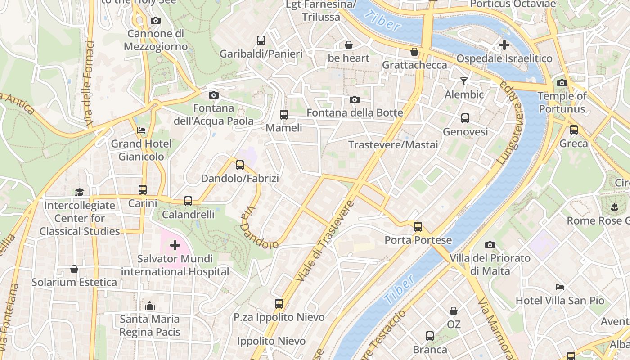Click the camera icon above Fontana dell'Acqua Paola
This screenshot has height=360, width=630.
point(214,95)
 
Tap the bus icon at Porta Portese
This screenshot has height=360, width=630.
point(418,226)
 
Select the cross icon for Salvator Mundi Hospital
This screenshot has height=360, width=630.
point(175,245)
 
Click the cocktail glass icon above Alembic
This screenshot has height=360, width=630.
point(463,81)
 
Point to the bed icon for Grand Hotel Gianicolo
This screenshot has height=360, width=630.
point(141,130)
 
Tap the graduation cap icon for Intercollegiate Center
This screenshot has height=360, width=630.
point(80,192)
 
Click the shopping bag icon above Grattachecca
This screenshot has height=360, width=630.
point(414,52)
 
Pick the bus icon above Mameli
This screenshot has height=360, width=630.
point(283,115)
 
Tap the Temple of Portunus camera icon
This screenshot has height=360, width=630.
point(562,83)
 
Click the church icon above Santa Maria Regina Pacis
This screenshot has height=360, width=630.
point(150,306)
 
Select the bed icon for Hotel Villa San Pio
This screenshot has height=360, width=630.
point(560,287)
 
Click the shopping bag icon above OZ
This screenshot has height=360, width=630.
point(454,311)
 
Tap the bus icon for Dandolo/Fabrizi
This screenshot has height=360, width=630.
point(240,165)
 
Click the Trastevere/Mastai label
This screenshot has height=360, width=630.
point(393,145)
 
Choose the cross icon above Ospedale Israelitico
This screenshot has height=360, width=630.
point(504,45)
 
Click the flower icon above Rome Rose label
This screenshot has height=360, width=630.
point(613,207)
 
